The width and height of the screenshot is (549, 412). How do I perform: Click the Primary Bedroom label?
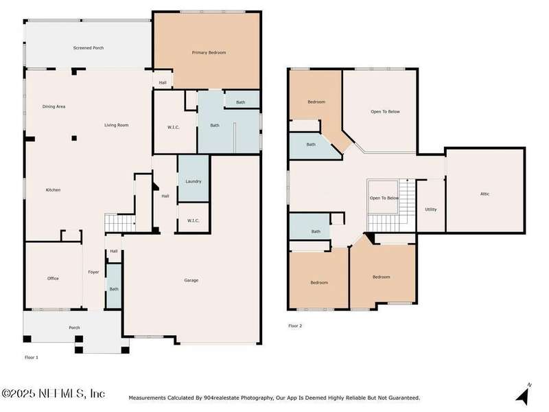209,53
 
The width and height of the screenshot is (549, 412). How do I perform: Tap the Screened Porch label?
89,47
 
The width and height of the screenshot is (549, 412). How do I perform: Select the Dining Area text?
54,106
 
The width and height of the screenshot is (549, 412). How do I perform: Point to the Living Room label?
116,125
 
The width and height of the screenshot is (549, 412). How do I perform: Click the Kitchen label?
53,190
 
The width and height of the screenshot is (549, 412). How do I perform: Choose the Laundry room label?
194,181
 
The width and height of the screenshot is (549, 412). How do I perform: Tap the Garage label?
191,280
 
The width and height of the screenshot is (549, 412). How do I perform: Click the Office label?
53,279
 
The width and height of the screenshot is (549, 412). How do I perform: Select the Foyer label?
93,272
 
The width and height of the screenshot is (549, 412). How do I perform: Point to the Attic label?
485,194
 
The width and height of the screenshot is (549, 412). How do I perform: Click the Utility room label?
431,209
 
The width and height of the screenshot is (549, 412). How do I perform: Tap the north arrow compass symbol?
523,395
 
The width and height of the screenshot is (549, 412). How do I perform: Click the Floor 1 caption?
31,357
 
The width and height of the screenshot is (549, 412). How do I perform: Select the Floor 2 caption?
295,325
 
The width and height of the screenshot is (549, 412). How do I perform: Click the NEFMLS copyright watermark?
53,393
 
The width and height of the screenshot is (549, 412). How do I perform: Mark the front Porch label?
74,328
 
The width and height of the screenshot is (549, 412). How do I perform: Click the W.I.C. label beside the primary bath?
174,127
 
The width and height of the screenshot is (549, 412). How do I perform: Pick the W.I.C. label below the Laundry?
193,220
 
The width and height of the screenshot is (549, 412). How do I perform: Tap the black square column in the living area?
74,138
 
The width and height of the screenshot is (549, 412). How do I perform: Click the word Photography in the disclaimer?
257,398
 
